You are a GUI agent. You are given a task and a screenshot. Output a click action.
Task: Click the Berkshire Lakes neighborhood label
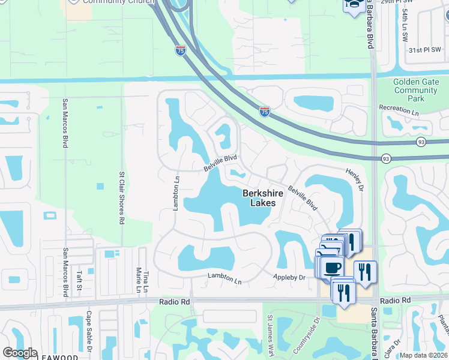pyautogui.click(x=259, y=198)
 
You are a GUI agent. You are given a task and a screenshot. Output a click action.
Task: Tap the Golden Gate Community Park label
pyautogui.click(x=415, y=90)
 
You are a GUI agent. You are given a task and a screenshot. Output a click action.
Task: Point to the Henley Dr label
pyautogui.click(x=355, y=180)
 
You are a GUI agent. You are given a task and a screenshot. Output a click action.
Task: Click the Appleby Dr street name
pyautogui.click(x=289, y=277)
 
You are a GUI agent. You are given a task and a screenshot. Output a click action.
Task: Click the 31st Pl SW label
pyautogui.click(x=424, y=51)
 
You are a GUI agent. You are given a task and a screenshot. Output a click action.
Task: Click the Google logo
pyautogui.click(x=20, y=353)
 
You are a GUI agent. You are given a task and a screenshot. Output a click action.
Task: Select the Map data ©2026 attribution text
pyautogui.click(x=423, y=355)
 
